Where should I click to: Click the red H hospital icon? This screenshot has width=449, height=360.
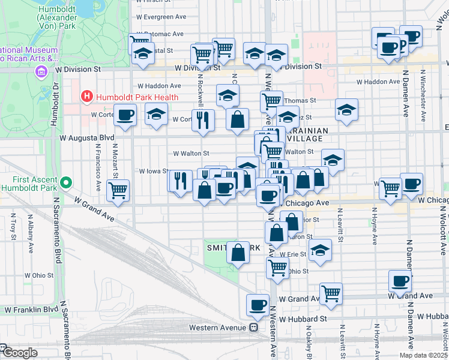(87, 96)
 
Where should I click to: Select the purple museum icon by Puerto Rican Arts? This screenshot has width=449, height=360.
(41, 73)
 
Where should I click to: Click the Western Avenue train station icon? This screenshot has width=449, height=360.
(254, 327)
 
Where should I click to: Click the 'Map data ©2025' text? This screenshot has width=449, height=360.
(423, 355)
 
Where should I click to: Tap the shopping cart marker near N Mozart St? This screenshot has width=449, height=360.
(118, 191)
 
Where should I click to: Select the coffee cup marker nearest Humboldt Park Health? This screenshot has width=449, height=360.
(125, 115)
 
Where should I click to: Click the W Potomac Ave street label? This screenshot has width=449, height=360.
(160, 34)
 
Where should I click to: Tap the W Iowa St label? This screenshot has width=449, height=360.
(152, 171)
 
